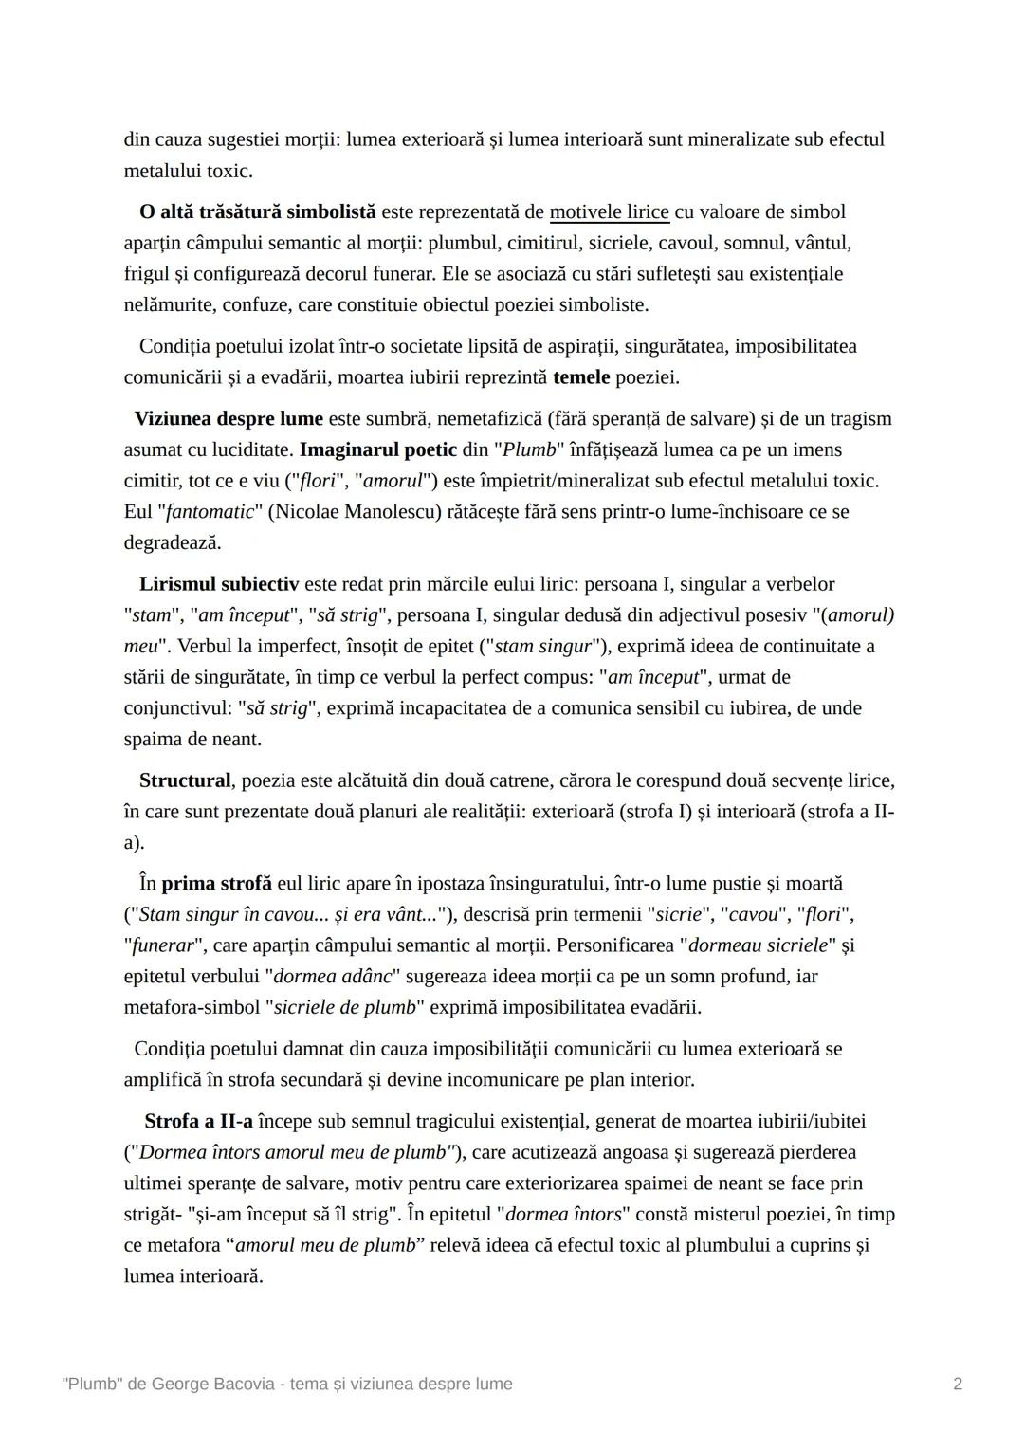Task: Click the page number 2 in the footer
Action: pos(958,1384)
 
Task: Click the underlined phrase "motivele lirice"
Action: pos(609,211)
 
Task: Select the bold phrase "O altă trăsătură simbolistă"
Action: pos(257,211)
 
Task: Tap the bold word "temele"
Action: pos(581,377)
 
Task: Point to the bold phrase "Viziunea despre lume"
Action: pos(229,418)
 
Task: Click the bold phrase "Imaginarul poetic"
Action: pos(378,449)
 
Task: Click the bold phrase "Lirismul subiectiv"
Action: pos(219,584)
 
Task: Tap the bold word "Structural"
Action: pos(185,780)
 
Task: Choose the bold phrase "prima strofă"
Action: pos(216,883)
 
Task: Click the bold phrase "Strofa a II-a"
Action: pos(198,1121)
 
